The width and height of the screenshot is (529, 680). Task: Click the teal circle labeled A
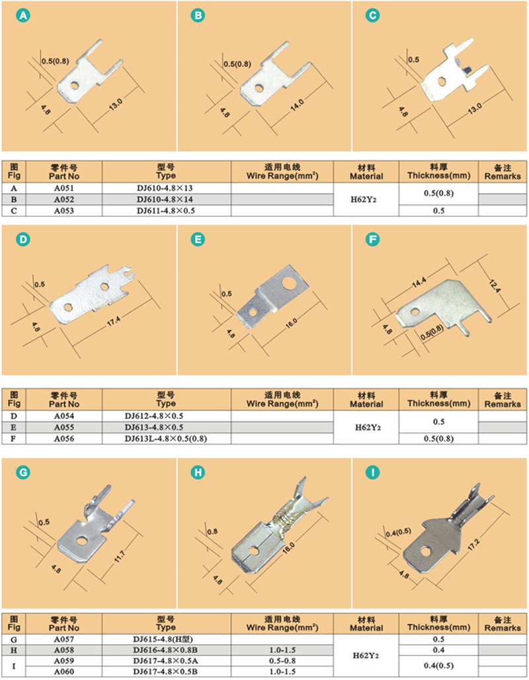[x=23, y=16]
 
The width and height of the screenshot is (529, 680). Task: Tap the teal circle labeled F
[x=372, y=239]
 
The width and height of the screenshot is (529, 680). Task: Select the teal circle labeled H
[x=198, y=472]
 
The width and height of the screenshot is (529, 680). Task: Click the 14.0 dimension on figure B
[x=297, y=104]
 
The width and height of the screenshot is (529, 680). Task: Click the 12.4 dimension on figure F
[x=495, y=287]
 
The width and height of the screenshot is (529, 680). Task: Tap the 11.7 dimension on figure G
[x=120, y=556]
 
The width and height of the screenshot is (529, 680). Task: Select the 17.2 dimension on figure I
[x=473, y=545]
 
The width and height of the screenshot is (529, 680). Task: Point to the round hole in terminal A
[x=75, y=85]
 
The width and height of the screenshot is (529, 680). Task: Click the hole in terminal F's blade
[x=415, y=311]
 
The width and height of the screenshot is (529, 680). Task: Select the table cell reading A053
[x=63, y=211]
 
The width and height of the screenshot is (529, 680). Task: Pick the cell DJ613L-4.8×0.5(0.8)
[x=166, y=438]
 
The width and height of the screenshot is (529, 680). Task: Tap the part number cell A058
[x=63, y=650]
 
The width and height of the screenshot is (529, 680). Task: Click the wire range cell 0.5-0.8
[x=282, y=661]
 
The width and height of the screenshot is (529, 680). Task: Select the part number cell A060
[x=63, y=672]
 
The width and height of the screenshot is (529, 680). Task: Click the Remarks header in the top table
[x=503, y=172]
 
